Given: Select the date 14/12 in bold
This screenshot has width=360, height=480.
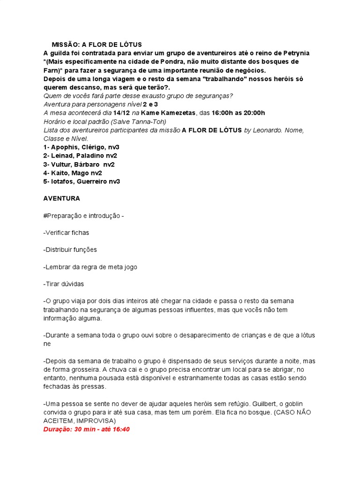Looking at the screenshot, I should [x=121, y=113].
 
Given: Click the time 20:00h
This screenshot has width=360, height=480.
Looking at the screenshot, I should [x=254, y=113].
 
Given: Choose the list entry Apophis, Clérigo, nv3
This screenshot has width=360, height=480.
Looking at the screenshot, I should [x=82, y=147].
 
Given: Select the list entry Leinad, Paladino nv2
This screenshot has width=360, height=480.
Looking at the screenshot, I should [x=80, y=156].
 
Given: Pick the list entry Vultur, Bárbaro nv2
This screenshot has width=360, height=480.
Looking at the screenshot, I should [x=79, y=165].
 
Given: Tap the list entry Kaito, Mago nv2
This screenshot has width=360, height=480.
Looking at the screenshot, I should [x=73, y=173].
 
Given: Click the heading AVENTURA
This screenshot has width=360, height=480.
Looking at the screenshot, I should [x=61, y=199].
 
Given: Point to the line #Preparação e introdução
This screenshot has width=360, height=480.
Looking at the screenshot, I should [x=83, y=216].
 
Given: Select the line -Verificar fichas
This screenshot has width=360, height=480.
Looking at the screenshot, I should [x=66, y=232].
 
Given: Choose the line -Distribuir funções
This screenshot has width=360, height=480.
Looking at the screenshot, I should [x=70, y=250].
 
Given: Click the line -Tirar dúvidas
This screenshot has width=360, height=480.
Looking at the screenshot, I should [x=64, y=284].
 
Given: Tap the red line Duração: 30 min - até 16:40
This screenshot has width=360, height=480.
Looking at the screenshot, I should [x=86, y=429].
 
